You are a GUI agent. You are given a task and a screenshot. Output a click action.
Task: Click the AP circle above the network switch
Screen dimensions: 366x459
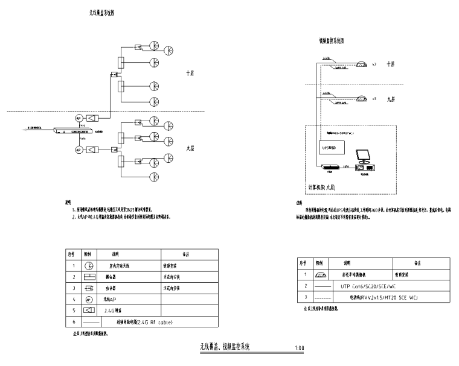(x=79, y=118)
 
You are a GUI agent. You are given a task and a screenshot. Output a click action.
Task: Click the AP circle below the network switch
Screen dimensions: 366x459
(x=79, y=149)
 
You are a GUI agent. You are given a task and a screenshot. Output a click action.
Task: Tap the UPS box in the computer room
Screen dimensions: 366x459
(x=329, y=146)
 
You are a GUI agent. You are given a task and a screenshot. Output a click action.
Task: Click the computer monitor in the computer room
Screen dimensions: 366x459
(x=364, y=156)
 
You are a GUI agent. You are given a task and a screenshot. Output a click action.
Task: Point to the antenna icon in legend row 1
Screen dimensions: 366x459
(x=88, y=265)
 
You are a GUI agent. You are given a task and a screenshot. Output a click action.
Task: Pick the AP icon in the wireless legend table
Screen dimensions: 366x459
(x=88, y=299)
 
